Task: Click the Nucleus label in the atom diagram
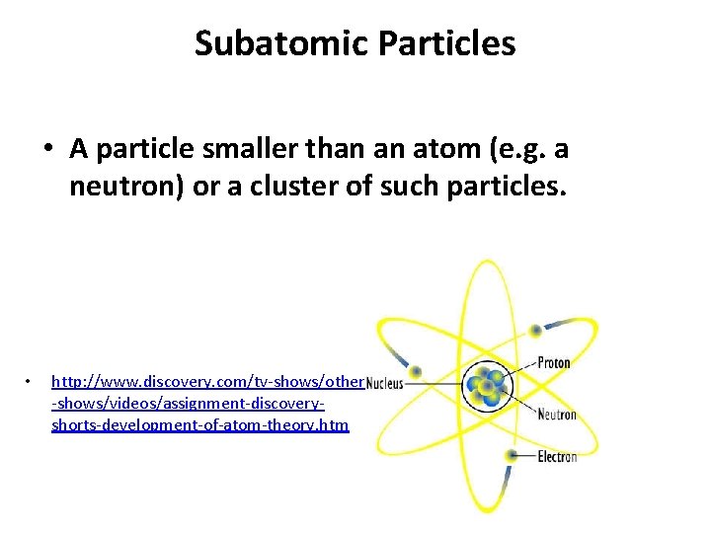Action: [384, 383]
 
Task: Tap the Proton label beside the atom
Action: [554, 362]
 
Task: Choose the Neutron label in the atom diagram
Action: [556, 415]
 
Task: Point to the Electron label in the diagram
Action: [557, 457]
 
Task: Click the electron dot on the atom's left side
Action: [417, 372]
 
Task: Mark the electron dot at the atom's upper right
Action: [535, 330]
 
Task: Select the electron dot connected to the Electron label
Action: [511, 455]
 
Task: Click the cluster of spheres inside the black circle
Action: [486, 386]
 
